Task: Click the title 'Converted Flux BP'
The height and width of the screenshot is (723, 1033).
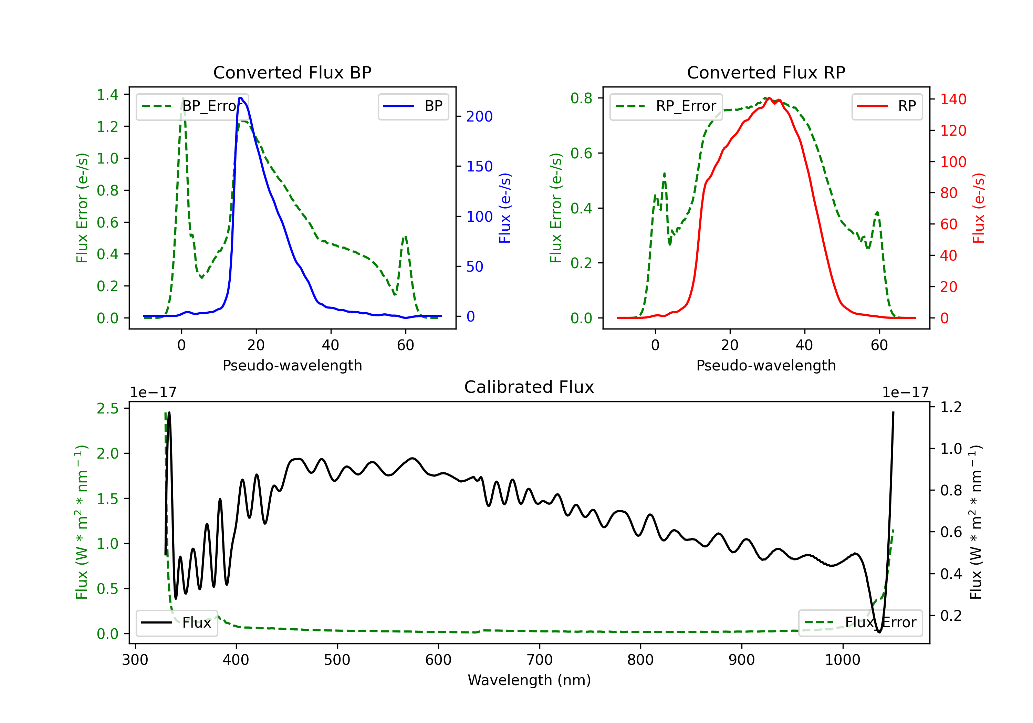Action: coord(292,72)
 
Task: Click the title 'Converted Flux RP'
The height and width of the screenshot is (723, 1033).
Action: coord(766,72)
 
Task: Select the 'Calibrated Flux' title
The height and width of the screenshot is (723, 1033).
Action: coord(529,387)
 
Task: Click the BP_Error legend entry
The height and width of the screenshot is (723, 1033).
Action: coord(192,106)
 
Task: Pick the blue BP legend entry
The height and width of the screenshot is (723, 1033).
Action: coord(413,106)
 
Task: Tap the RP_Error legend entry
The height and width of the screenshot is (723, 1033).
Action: coord(666,106)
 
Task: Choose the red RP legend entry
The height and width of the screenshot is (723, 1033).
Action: coord(887,106)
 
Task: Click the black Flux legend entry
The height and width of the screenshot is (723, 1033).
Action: coord(176,623)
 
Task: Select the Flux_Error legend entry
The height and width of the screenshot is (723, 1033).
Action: coord(860,623)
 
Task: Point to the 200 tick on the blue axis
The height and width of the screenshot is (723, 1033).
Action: coord(479,116)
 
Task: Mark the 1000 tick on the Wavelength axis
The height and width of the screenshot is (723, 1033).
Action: coord(842,660)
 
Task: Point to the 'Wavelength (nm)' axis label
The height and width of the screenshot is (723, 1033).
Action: coord(529,680)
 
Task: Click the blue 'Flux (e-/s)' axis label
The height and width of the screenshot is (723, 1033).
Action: coord(505,208)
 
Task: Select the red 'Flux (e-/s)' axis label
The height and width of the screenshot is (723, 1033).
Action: coord(979,208)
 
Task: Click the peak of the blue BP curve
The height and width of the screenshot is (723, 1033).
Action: coord(241,98)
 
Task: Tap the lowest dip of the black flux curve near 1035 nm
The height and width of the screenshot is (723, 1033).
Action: coord(879,632)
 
